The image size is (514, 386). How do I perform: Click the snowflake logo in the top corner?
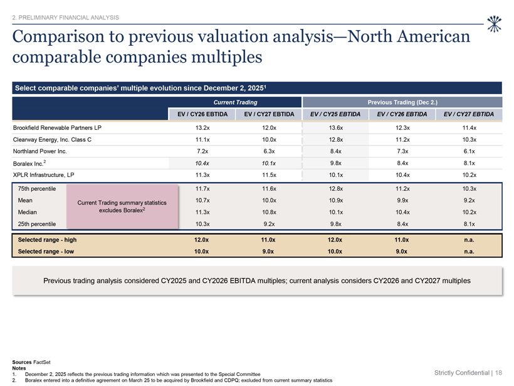point(494,24)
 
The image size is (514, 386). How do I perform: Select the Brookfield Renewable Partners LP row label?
point(57,127)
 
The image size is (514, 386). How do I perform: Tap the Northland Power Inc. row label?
point(39,151)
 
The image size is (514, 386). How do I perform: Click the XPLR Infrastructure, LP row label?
point(44,175)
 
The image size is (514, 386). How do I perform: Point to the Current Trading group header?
point(235,102)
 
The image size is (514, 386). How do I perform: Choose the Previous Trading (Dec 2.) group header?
point(402,102)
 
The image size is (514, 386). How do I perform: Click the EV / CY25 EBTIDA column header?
point(335,114)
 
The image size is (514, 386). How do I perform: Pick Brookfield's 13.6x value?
point(336,127)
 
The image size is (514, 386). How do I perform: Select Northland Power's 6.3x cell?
point(269,151)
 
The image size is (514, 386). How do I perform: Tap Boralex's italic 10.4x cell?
point(202,163)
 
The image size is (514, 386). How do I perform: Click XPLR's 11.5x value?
point(269,175)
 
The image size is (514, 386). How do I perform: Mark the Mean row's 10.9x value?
point(336,200)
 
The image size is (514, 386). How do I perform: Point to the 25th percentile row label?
point(37,224)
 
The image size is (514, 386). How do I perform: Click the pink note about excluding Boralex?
point(122,206)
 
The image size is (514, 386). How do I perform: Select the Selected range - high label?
point(47,240)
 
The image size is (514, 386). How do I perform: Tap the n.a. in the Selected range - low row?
point(469,252)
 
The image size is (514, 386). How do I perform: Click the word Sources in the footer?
point(22,362)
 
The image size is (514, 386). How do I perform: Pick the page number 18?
point(498,373)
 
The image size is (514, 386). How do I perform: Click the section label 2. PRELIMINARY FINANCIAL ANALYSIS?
point(66,18)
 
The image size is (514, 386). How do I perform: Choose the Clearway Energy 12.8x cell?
point(336,139)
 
